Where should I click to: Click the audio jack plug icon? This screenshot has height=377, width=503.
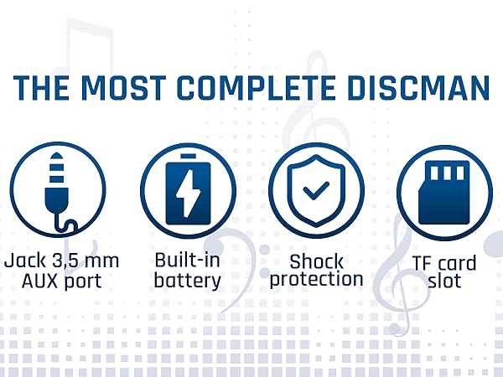click(x=57, y=189)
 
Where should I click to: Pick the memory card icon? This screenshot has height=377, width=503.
click(x=444, y=189)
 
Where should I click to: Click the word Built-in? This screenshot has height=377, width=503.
click(x=187, y=260)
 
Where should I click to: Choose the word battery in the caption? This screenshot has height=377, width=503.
click(x=187, y=281)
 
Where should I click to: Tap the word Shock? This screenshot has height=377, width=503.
click(x=315, y=260)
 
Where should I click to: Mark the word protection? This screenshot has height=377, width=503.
click(x=315, y=280)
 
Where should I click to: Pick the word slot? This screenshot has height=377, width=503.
click(x=443, y=281)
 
